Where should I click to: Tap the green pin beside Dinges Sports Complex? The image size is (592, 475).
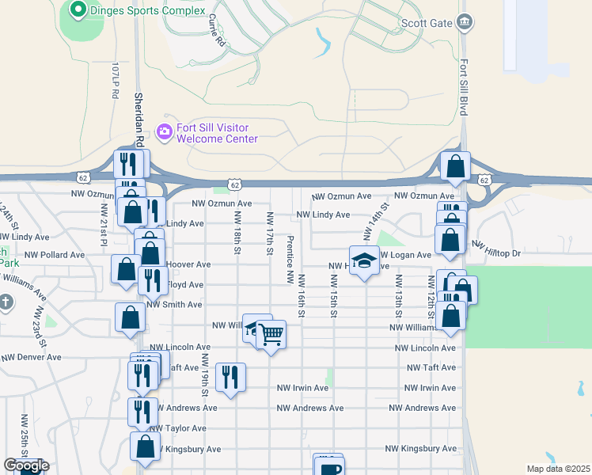pos(78,10)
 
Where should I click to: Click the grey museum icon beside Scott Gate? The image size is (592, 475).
pos(465,22)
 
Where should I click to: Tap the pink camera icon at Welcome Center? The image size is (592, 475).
pos(165,131)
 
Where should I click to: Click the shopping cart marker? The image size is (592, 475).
pos(271,336)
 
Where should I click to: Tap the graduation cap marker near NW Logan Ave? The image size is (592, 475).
pos(363,261)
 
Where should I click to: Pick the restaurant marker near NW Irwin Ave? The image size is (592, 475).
pos(230,378)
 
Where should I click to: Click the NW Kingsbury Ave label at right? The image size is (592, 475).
pos(420,449)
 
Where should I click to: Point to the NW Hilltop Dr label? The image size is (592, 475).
pos(507,253)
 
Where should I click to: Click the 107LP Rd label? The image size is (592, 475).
pos(115,79)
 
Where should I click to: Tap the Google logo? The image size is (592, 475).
pos(26,465)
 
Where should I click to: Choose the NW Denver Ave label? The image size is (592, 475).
pos(32,357)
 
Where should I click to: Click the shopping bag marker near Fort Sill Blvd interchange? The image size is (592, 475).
pos(455,165)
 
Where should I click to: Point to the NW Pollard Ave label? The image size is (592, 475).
pos(55,255)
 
